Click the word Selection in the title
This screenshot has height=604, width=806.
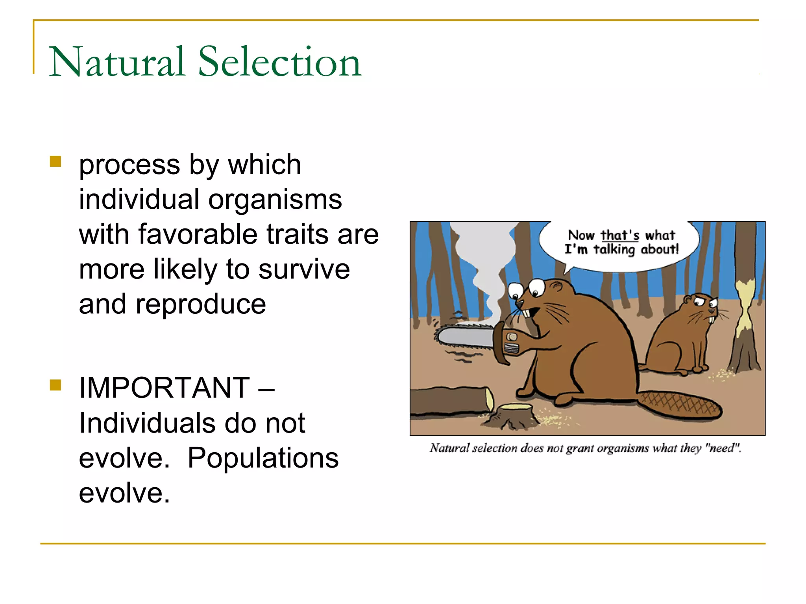pos(279,62)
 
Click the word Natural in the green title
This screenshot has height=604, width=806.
pos(117,62)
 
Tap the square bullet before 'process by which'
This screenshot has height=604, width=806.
pos(55,162)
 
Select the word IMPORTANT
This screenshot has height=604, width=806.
pos(164,388)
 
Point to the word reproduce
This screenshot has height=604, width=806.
pos(201,304)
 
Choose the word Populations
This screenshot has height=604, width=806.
pos(263,458)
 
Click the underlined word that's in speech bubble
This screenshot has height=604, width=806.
pos(620,235)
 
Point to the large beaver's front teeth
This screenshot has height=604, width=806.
pos(526,313)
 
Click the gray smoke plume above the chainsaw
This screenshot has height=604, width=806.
pos(486,260)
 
